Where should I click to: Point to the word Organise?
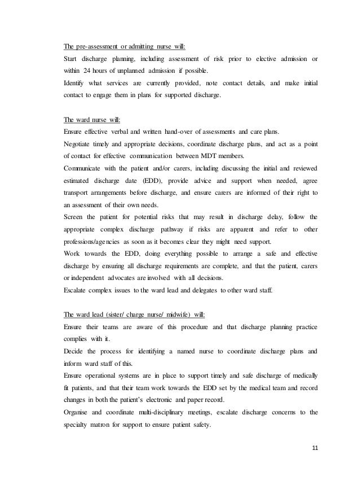point(80,412)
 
